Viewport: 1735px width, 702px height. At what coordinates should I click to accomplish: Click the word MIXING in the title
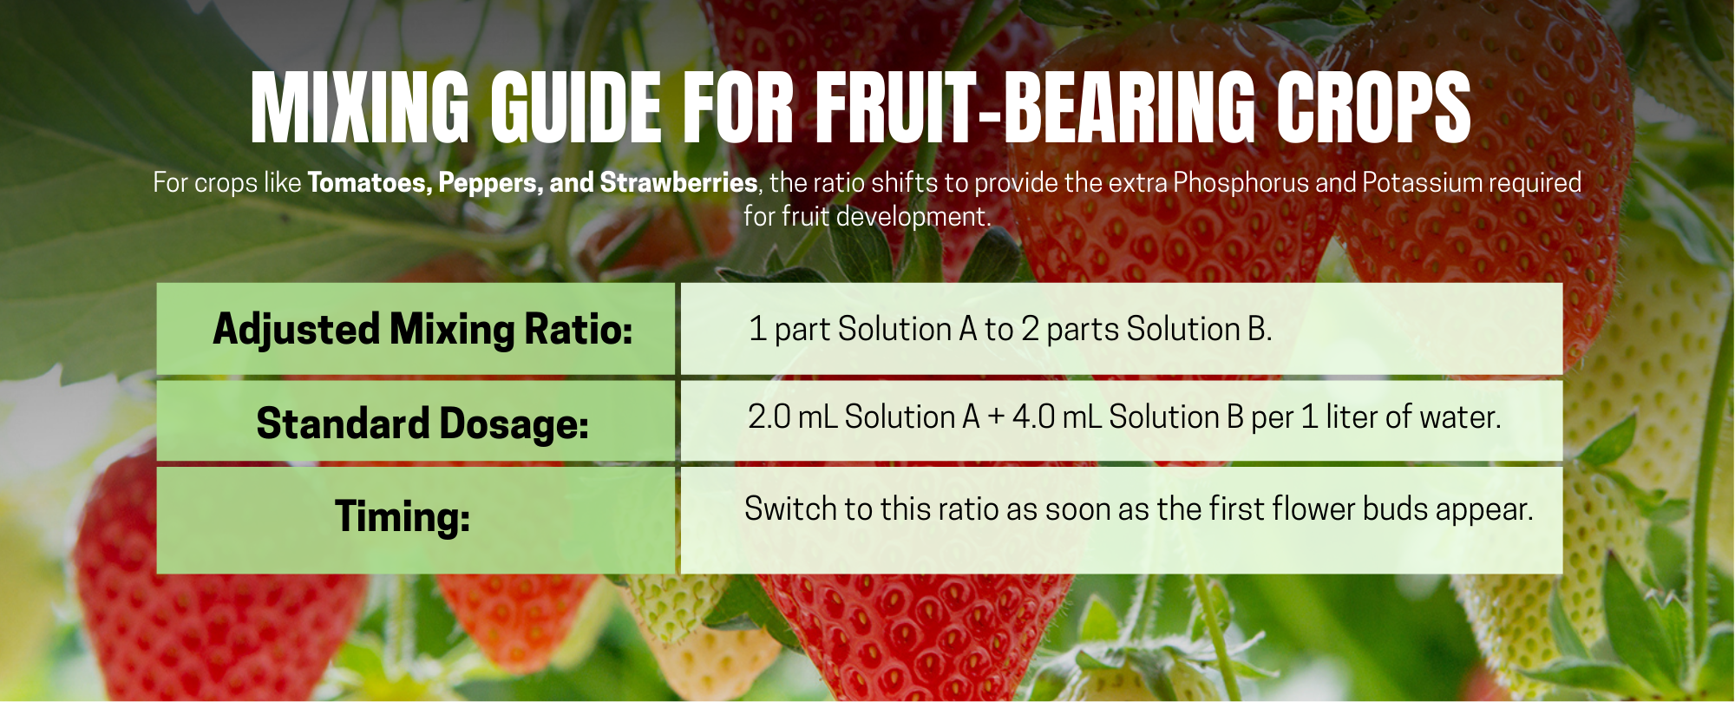click(x=360, y=108)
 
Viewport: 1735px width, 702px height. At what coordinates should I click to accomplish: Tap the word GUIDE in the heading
click(x=576, y=108)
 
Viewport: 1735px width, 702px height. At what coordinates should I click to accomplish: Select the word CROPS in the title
click(x=1373, y=108)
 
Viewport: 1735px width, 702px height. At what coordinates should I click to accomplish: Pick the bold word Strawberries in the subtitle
click(x=679, y=183)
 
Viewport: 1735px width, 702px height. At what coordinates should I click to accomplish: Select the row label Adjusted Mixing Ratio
click(x=423, y=331)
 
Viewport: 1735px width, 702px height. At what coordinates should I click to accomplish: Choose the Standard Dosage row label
click(x=423, y=424)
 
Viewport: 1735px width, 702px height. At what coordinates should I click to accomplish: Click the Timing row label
click(x=403, y=517)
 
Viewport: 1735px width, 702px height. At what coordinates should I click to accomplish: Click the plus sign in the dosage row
click(x=996, y=418)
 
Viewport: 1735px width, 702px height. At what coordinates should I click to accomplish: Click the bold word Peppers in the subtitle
click(x=490, y=184)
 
